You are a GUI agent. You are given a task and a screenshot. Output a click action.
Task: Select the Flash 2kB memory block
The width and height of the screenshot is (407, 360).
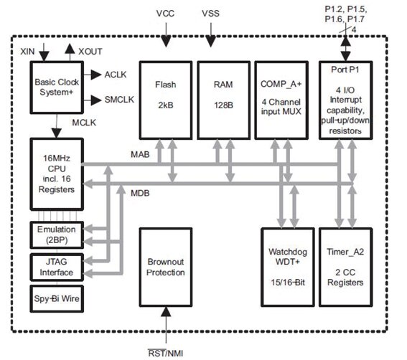point(164,100)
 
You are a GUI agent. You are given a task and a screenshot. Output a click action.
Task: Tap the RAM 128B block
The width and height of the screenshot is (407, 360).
point(223,100)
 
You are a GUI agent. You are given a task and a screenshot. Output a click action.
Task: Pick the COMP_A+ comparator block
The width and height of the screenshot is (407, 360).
point(281,100)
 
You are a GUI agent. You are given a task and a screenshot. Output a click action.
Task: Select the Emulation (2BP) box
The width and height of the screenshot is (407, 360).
point(55,235)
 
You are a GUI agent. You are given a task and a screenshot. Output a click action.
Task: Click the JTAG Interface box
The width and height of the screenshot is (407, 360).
point(55,267)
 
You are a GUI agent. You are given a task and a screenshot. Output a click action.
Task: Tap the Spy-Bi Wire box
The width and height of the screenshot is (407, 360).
point(55,297)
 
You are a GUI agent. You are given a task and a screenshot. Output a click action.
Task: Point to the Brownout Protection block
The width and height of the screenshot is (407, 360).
point(165,267)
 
